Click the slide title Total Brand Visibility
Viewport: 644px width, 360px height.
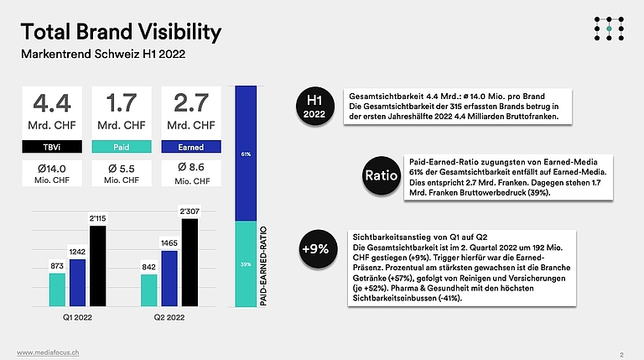(x=121, y=32)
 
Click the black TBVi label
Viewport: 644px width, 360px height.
(x=51, y=146)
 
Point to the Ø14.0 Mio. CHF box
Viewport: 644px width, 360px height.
(x=51, y=174)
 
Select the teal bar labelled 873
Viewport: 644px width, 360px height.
(x=57, y=290)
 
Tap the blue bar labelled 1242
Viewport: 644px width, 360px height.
(x=77, y=283)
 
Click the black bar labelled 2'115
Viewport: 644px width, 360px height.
(x=97, y=266)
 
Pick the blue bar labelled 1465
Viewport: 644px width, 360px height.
(x=169, y=279)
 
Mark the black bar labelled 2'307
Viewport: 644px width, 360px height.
(x=190, y=263)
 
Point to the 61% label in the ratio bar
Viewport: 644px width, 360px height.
(x=246, y=154)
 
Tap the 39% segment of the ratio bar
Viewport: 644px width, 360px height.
(x=246, y=263)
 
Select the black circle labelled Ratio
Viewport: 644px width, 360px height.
(x=375, y=175)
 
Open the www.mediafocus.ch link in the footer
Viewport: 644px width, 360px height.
(x=48, y=351)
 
